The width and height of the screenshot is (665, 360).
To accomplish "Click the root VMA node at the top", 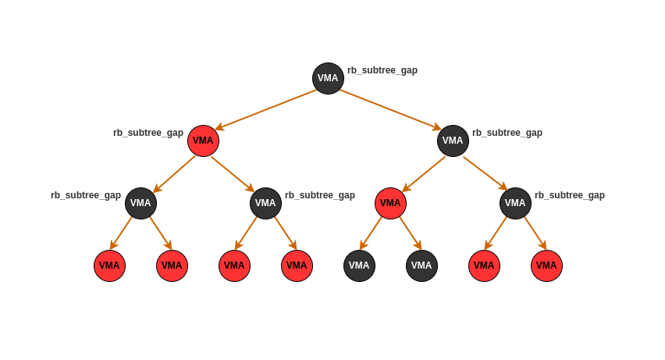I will click(x=328, y=78).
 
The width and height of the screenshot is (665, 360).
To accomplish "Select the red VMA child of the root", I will click(x=203, y=141).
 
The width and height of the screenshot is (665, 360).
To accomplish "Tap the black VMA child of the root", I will click(x=453, y=141).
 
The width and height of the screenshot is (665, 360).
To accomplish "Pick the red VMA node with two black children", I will click(x=390, y=203).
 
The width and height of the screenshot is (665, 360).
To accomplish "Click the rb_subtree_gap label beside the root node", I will click(x=382, y=70).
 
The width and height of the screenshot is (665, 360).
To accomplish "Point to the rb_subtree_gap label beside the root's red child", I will click(x=148, y=133).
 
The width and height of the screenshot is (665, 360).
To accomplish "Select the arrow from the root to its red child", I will click(x=266, y=109).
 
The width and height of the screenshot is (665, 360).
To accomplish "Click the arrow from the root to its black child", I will click(x=390, y=109).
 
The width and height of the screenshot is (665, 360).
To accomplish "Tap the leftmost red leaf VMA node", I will click(x=109, y=266).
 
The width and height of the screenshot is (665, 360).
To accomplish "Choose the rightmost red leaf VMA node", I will click(x=546, y=266).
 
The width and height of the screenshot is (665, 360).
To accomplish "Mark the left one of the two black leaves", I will click(x=359, y=266).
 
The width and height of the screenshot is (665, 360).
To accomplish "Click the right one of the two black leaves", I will click(x=421, y=266).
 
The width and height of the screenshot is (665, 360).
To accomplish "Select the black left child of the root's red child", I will click(x=140, y=203).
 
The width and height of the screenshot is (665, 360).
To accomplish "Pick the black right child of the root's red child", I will click(x=265, y=203).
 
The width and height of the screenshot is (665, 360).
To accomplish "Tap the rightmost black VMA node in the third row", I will click(x=515, y=203).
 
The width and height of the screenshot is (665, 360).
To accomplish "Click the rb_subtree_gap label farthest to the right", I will click(x=570, y=195).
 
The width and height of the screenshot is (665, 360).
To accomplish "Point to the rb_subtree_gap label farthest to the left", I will click(x=86, y=195).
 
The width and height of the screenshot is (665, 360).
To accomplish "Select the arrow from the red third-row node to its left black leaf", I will click(x=371, y=233).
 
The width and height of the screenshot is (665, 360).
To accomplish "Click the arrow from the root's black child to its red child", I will click(x=424, y=174).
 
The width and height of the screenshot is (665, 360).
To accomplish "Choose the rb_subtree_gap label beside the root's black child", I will click(x=507, y=133).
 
